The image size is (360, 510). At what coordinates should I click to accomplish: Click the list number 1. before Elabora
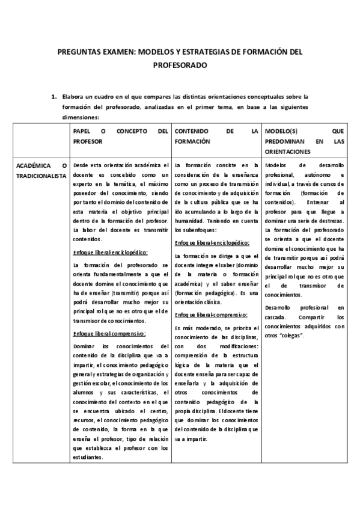click(54, 96)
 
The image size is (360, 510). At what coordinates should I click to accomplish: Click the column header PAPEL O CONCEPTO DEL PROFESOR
click(120, 135)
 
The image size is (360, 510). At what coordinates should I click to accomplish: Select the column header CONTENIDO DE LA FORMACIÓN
click(216, 135)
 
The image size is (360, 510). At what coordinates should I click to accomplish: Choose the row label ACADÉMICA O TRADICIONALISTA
click(40, 170)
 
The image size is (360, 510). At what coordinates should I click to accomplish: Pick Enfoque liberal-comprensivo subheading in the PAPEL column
click(109, 334)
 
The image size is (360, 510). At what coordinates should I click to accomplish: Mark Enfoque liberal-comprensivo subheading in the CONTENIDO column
click(210, 315)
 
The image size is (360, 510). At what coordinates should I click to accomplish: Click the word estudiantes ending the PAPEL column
click(87, 457)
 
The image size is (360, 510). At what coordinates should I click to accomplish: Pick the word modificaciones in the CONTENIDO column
click(237, 346)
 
